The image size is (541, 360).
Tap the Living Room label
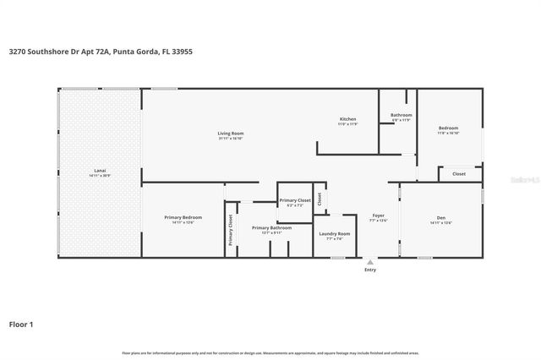point(231,134)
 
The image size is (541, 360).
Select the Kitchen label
point(348,119)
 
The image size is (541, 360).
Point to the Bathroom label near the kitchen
point(401,115)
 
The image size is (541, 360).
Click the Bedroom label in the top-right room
point(448,128)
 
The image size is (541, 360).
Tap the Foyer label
point(379,215)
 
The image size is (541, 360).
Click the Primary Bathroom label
point(271,227)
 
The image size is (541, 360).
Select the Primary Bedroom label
point(183,218)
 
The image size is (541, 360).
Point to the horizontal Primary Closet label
point(295,200)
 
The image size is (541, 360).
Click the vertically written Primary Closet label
point(230,231)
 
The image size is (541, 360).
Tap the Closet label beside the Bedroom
point(459,174)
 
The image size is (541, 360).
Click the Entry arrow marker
point(370,262)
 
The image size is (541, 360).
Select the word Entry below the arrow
point(370,270)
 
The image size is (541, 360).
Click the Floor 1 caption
point(21,324)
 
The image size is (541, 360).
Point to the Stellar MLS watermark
point(526,179)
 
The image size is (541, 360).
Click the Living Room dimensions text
point(231,139)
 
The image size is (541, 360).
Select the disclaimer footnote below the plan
point(270,352)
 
